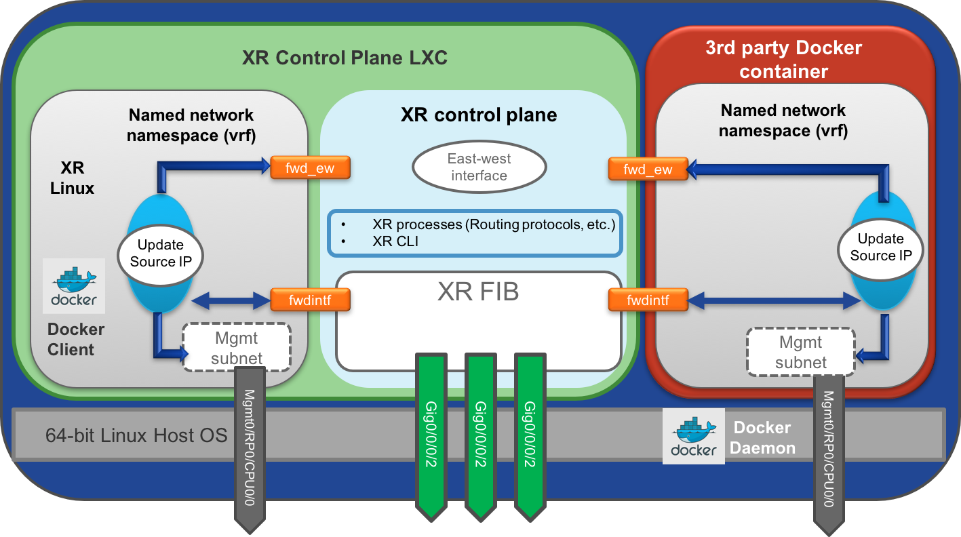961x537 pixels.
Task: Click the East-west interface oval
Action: (x=479, y=167)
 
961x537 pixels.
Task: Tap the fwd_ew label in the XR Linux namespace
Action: (x=311, y=167)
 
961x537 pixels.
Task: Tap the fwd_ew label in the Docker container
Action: (x=648, y=169)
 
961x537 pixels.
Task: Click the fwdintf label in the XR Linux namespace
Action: (x=310, y=299)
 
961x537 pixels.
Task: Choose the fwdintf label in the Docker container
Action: (x=648, y=299)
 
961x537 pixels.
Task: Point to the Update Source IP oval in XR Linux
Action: (x=161, y=252)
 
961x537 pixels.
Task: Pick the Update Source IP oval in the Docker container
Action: (x=881, y=247)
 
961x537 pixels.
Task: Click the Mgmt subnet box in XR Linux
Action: (x=236, y=347)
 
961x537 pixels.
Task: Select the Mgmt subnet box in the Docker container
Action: (x=801, y=352)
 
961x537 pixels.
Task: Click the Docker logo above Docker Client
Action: (x=74, y=285)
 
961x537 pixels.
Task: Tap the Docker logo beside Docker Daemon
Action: (x=694, y=436)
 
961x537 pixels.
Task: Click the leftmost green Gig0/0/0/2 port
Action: (x=431, y=434)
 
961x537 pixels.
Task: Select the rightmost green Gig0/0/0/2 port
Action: (x=530, y=434)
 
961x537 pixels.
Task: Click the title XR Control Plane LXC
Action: (x=345, y=58)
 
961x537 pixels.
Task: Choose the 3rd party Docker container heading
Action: (x=783, y=59)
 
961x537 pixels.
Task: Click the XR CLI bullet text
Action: (x=395, y=240)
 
